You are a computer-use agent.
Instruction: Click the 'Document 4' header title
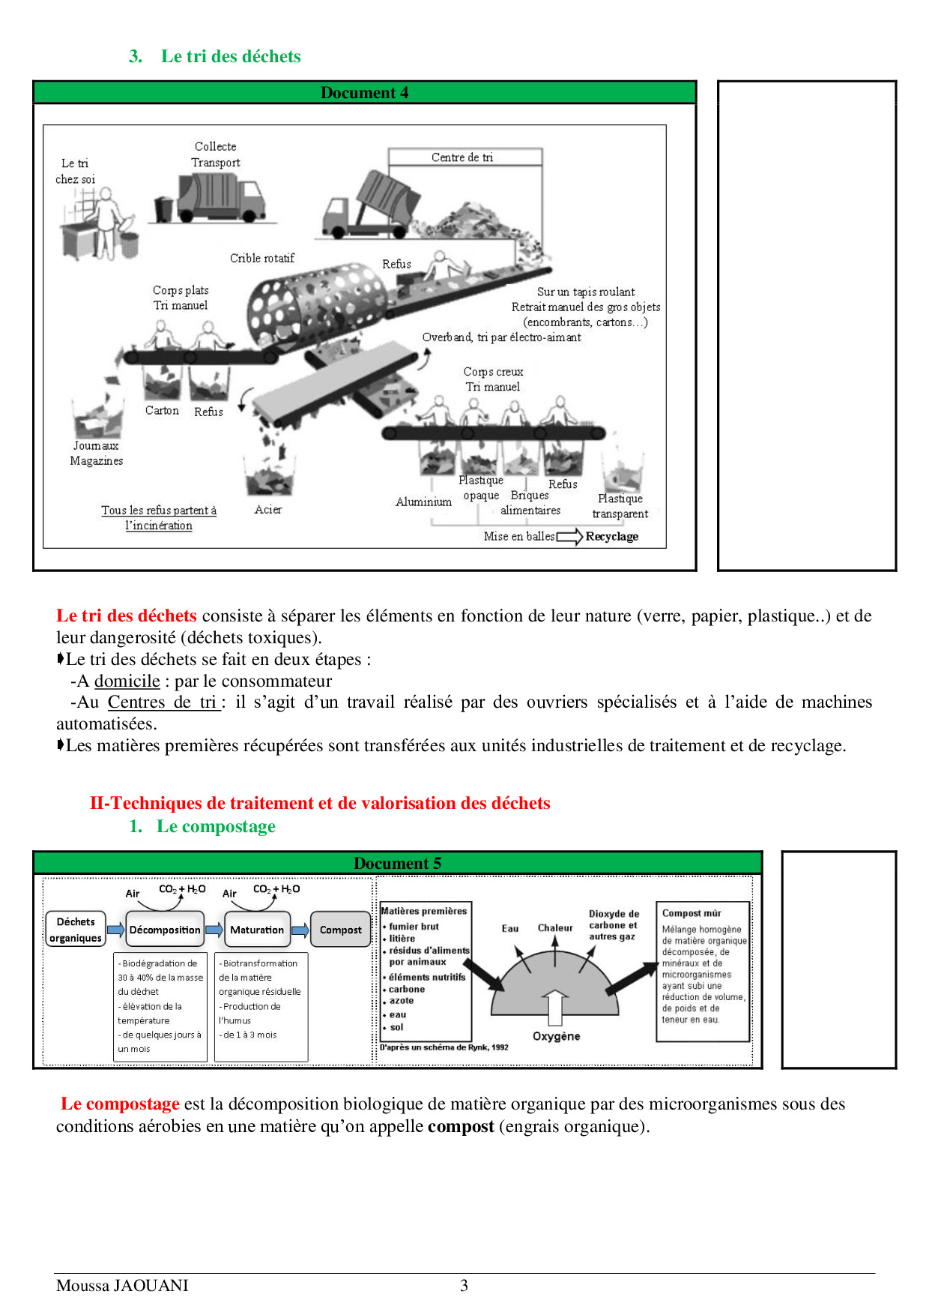pos(364,93)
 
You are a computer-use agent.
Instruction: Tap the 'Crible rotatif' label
pos(262,258)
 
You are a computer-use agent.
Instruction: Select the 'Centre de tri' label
pos(462,157)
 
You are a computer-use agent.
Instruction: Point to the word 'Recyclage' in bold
pos(612,537)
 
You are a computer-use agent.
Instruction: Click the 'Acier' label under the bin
pos(268,510)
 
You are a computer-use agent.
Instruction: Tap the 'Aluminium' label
pos(423,502)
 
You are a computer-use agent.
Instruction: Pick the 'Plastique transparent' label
pos(620,506)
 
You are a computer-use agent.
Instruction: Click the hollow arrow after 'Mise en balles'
pos(569,537)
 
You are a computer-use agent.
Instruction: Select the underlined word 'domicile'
pos(127,681)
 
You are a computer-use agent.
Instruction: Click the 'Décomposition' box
pos(165,930)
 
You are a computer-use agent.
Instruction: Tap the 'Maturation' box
pos(257,930)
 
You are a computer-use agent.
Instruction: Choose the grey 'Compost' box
pos(340,930)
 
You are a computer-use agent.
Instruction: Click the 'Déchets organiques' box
pos(76,930)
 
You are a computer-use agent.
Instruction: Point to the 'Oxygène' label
pos(556,1036)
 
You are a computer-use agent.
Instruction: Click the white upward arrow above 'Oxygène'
pos(554,1007)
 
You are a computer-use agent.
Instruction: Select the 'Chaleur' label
pos(555,928)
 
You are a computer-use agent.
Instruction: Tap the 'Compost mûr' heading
pos(692,913)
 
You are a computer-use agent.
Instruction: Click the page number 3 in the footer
pos(464,1286)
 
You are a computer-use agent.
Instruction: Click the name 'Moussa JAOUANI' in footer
pos(122,1286)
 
